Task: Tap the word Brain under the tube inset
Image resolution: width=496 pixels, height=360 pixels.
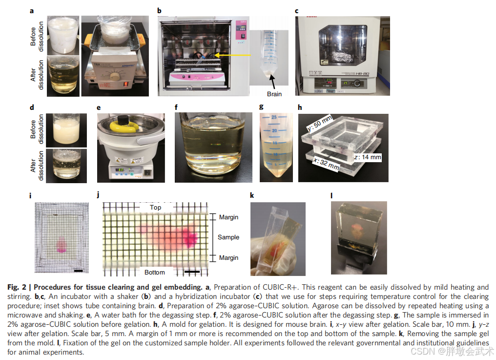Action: (x=274, y=93)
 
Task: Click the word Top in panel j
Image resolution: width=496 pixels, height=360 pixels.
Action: (x=155, y=208)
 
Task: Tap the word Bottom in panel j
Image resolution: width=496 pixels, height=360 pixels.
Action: (x=155, y=272)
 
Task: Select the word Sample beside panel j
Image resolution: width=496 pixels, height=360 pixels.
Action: (x=228, y=237)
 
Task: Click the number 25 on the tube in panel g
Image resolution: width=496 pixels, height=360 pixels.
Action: (x=274, y=117)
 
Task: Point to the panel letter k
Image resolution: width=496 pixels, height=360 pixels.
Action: (x=252, y=196)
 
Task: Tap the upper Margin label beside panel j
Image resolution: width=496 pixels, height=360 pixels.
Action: (x=228, y=217)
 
